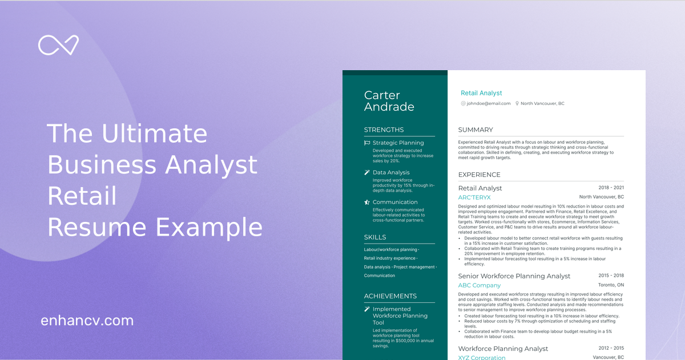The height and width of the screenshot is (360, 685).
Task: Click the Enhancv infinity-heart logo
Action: click(58, 45)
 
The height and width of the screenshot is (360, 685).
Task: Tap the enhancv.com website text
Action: click(87, 321)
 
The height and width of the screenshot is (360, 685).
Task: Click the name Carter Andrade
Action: click(389, 101)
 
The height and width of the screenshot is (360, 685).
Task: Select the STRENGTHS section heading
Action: click(384, 130)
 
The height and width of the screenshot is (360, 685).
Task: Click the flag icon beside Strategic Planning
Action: click(367, 143)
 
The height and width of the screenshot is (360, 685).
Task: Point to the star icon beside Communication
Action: click(367, 203)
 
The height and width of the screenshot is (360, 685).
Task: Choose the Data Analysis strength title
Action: click(391, 172)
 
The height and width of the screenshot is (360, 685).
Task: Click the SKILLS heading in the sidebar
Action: click(375, 237)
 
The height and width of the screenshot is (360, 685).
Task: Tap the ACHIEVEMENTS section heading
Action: click(390, 296)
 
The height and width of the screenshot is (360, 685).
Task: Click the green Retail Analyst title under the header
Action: click(481, 93)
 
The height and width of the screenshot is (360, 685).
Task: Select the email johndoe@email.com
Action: click(488, 104)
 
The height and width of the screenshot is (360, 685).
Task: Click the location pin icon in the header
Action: click(517, 104)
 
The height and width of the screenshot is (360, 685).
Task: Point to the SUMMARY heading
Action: click(476, 130)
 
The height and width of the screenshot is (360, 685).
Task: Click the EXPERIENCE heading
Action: click(479, 175)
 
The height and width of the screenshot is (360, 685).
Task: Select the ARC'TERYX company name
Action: click(474, 197)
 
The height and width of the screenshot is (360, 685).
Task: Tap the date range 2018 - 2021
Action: click(611, 188)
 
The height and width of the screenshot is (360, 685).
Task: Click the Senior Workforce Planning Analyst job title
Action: click(514, 276)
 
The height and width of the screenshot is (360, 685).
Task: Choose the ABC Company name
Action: click(479, 285)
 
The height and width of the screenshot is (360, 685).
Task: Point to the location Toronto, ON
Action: click(611, 285)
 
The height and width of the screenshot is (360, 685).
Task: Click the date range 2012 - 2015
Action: click(611, 348)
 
